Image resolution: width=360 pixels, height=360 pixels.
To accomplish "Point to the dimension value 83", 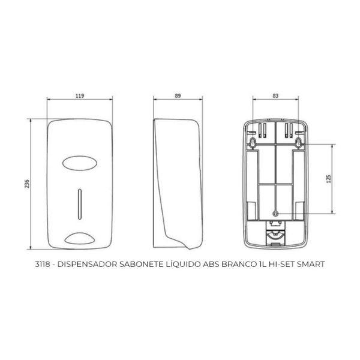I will (x=275, y=95).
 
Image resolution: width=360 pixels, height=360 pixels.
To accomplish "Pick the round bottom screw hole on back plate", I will (x=275, y=213).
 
